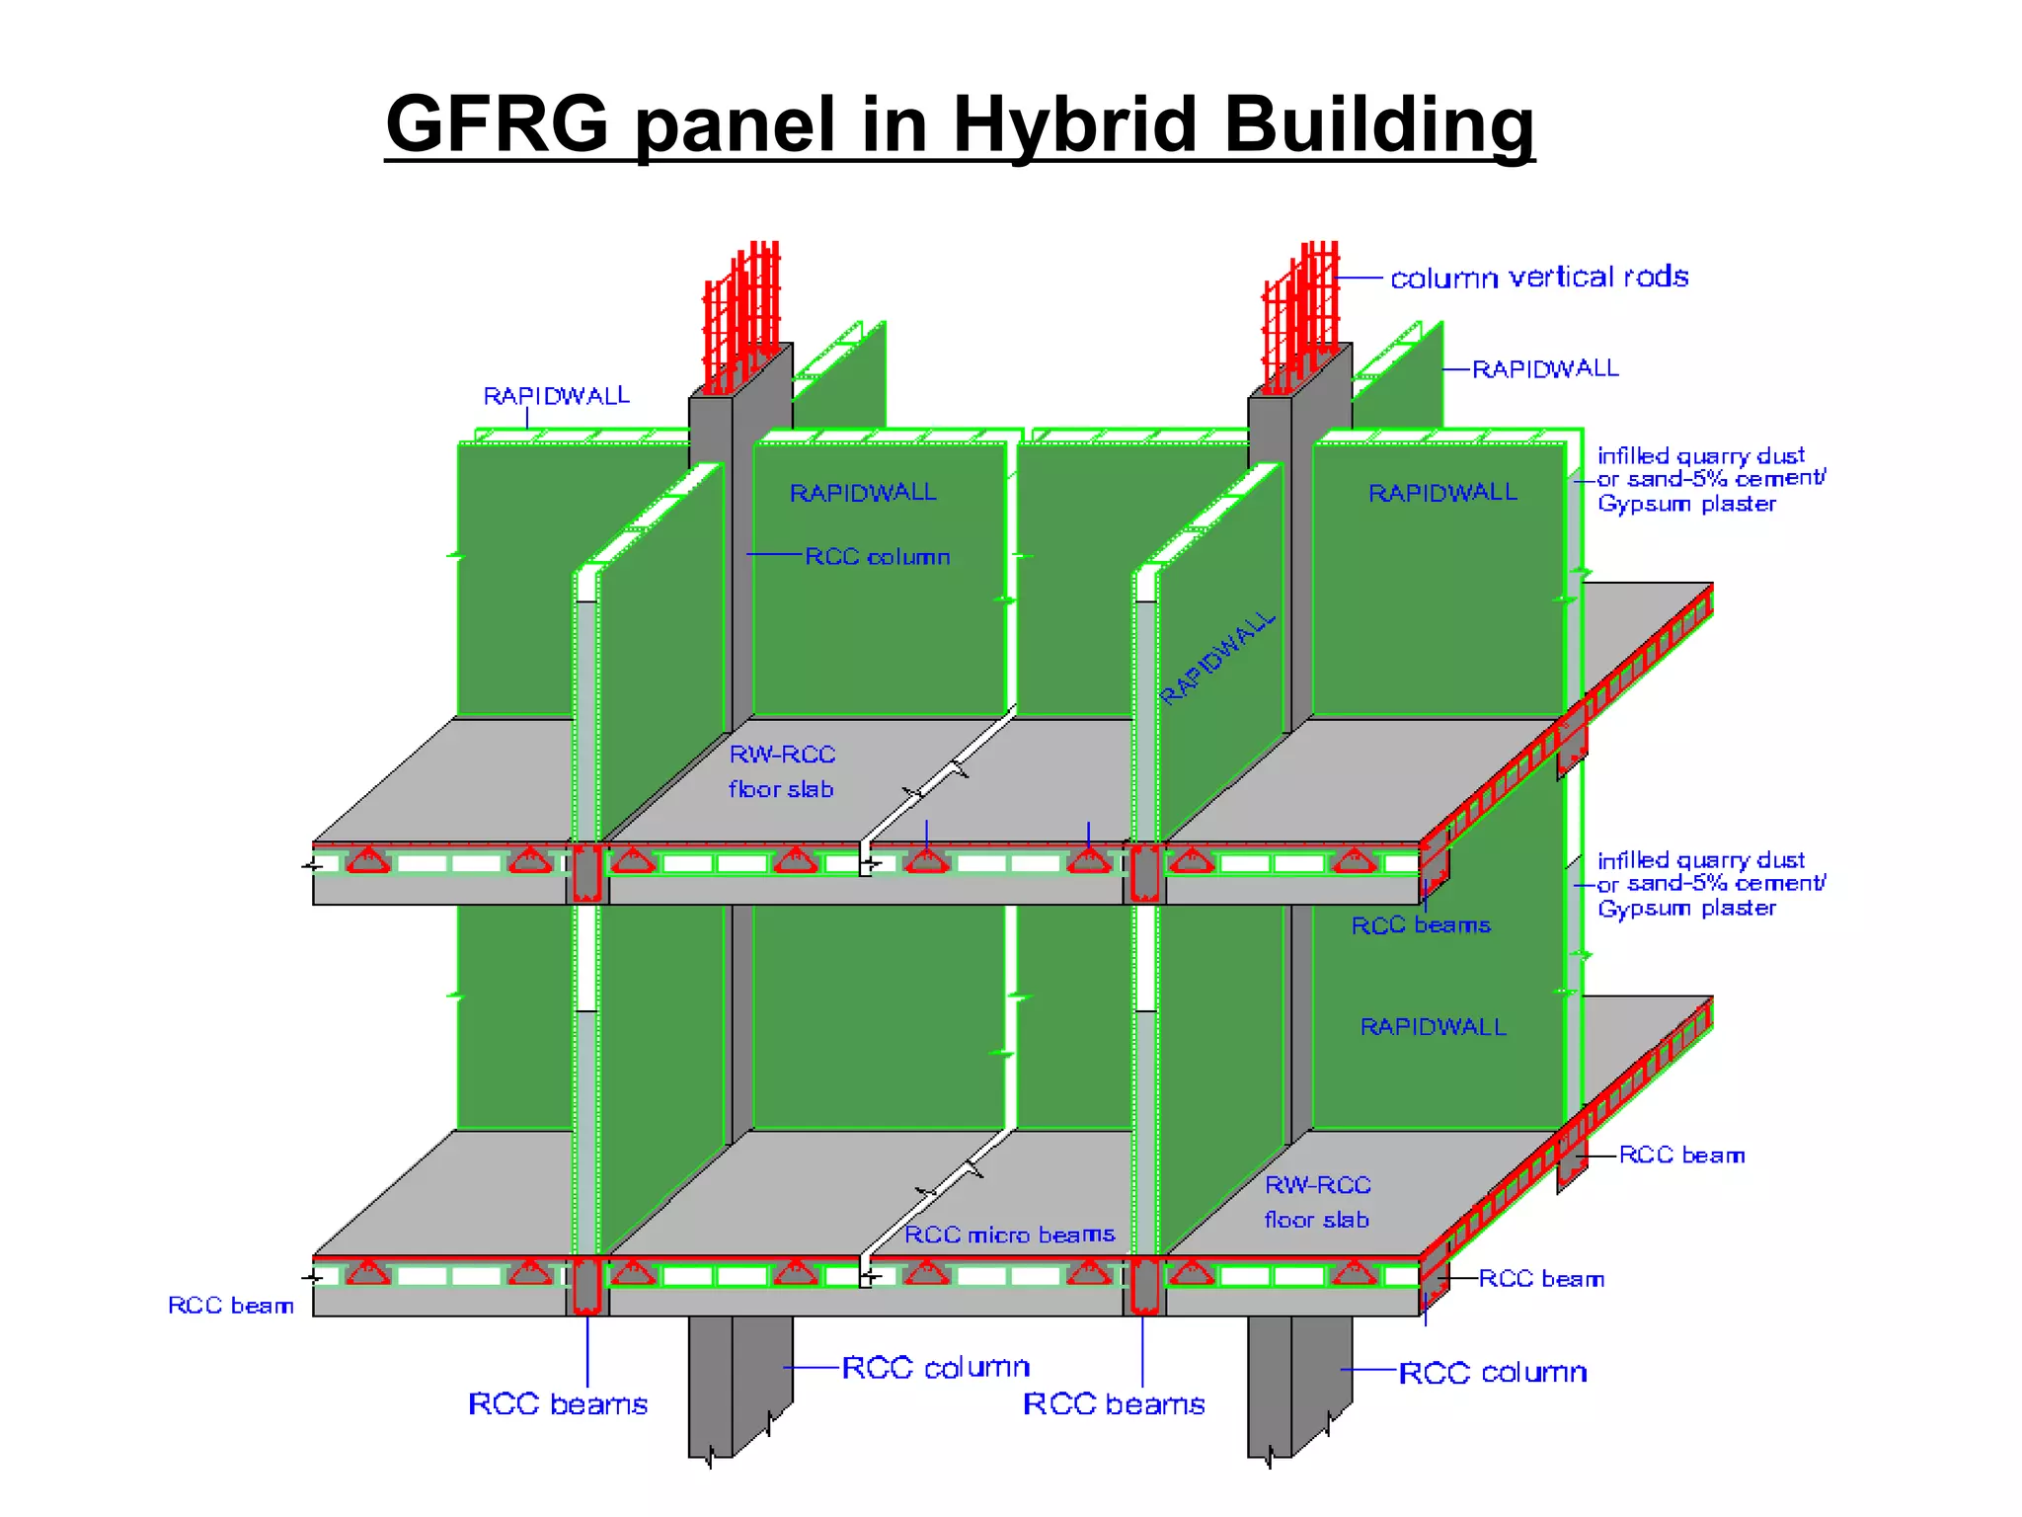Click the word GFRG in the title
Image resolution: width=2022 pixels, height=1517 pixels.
click(x=497, y=125)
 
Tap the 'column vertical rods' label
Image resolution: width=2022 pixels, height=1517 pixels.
click(x=1538, y=278)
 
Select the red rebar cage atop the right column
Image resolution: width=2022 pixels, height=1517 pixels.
click(x=1301, y=311)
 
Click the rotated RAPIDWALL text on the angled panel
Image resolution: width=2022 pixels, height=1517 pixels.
click(x=1217, y=658)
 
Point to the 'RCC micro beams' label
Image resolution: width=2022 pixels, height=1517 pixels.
click(x=1009, y=1235)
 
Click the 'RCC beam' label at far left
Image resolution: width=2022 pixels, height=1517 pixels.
click(x=231, y=1306)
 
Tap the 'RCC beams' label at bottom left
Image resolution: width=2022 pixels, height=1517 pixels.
click(x=558, y=1403)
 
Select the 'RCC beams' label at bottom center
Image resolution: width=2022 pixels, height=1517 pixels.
click(x=1114, y=1403)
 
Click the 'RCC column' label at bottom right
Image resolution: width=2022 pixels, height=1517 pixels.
click(x=1493, y=1372)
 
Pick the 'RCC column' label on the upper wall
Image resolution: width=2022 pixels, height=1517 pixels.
click(x=877, y=557)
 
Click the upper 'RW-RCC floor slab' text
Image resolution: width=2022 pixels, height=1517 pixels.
click(x=782, y=771)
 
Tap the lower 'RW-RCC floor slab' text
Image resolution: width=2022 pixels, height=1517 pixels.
click(x=1317, y=1202)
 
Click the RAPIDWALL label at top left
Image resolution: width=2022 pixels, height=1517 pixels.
click(x=556, y=396)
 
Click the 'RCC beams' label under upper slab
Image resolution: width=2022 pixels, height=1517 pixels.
click(x=1420, y=925)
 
